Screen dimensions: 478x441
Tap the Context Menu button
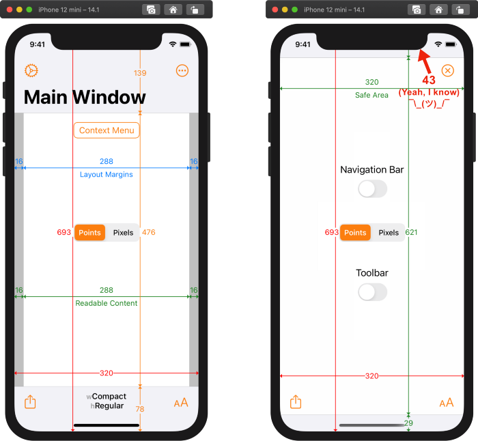pyautogui.click(x=107, y=130)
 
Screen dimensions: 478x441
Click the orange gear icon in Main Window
pyautogui.click(x=31, y=71)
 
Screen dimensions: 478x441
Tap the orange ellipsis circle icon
pyautogui.click(x=182, y=71)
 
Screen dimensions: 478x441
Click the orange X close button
pyautogui.click(x=447, y=71)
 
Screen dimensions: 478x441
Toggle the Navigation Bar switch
pyautogui.click(x=372, y=189)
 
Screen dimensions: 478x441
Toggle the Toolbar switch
pyautogui.click(x=372, y=292)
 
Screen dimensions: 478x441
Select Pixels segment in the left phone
pyautogui.click(x=123, y=233)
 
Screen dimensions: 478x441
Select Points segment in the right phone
pyautogui.click(x=355, y=233)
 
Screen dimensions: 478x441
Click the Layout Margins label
pyautogui.click(x=107, y=174)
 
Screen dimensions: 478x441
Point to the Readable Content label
pyautogui.click(x=107, y=303)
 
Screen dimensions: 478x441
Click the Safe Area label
pyautogui.click(x=371, y=95)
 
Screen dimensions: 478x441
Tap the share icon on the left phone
pyautogui.click(x=30, y=402)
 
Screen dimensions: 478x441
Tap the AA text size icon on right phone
pyautogui.click(x=447, y=403)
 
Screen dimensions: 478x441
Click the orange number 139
pyautogui.click(x=140, y=73)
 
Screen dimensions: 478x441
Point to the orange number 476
pyautogui.click(x=149, y=232)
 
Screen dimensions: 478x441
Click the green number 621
pyautogui.click(x=411, y=232)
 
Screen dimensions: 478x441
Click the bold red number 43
pyautogui.click(x=429, y=80)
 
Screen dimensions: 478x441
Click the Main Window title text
pyautogui.click(x=85, y=97)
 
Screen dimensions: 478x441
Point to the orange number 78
pyautogui.click(x=140, y=409)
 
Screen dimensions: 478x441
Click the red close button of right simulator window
pyautogui.click(x=275, y=10)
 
